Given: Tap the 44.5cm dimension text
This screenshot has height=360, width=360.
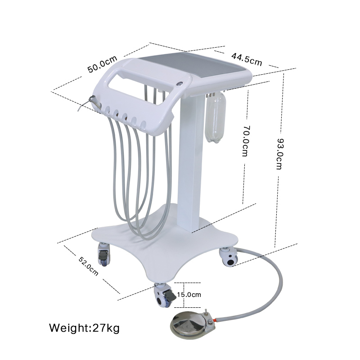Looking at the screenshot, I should click(247, 59).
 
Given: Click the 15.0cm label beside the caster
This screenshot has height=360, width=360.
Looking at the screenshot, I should click(189, 295).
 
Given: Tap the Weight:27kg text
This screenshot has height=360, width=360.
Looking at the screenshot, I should click(84, 327).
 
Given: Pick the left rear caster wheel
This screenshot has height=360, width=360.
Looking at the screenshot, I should click(103, 254).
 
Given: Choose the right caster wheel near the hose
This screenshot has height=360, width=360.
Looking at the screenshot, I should click(229, 258).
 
